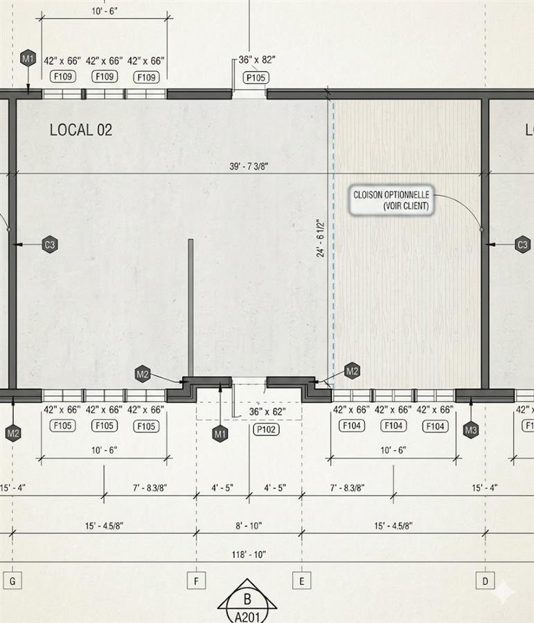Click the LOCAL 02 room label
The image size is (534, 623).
click(81, 130)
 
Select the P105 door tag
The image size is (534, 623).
click(256, 78)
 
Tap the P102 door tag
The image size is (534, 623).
click(266, 429)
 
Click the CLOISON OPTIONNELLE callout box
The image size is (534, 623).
click(391, 200)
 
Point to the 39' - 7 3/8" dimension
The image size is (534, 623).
click(249, 166)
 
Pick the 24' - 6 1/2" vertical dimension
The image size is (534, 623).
click(321, 237)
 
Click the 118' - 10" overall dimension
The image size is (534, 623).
click(249, 554)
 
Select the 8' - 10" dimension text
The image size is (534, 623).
click(249, 525)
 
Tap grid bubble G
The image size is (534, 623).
click(12, 581)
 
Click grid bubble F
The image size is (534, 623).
click(196, 581)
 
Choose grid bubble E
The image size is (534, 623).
click(302, 581)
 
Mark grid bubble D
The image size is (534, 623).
click(485, 581)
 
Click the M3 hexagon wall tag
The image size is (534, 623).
click(471, 430)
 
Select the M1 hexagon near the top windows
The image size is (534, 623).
click(28, 60)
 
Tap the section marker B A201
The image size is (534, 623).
click(247, 601)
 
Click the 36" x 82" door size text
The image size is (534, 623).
click(257, 60)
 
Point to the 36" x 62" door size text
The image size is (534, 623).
click(267, 412)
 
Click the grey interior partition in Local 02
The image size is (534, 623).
click(191, 308)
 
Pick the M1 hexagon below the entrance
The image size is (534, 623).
click(220, 434)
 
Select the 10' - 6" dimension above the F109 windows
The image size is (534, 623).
click(105, 11)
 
